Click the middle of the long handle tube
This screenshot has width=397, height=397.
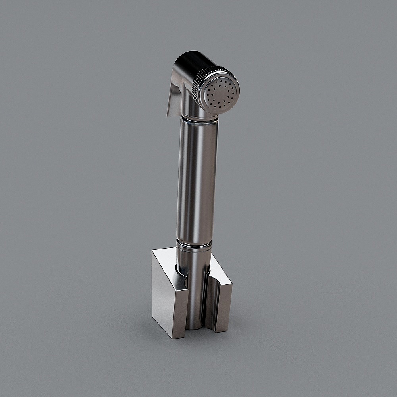click(197, 179)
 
